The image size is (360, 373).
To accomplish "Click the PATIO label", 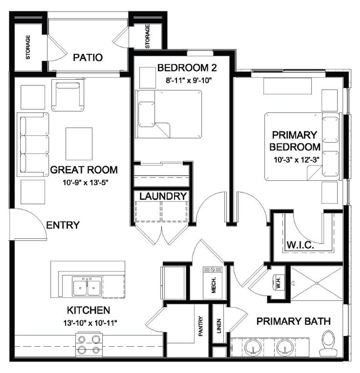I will pyautogui.click(x=88, y=58).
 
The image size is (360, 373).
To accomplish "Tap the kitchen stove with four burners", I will pyautogui.click(x=89, y=345).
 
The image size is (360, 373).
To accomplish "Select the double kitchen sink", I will pyautogui.click(x=87, y=286).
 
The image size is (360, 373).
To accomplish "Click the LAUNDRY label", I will pyautogui.click(x=163, y=196).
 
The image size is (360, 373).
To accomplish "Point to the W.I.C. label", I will pyautogui.click(x=300, y=245).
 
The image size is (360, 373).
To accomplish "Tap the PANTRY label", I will pyautogui.click(x=201, y=326).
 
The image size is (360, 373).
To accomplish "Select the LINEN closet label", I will pyautogui.click(x=219, y=326).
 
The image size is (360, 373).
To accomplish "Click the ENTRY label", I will pyautogui.click(x=63, y=225).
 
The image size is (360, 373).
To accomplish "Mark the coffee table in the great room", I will pyautogui.click(x=79, y=144).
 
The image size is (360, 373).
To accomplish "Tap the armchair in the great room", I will pyautogui.click(x=68, y=96).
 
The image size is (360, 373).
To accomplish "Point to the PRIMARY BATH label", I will pyautogui.click(x=293, y=321).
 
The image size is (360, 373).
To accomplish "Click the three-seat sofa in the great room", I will pyautogui.click(x=33, y=144).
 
